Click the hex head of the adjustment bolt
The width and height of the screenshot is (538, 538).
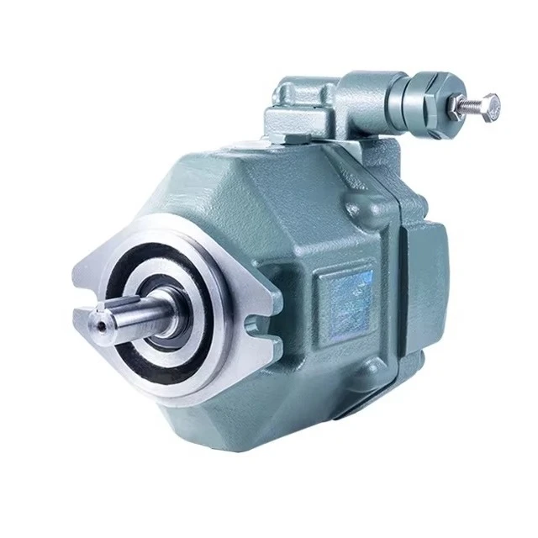(x=490, y=105)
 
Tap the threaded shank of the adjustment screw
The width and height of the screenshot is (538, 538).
(x=468, y=105)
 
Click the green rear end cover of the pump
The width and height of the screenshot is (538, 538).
(x=420, y=277)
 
